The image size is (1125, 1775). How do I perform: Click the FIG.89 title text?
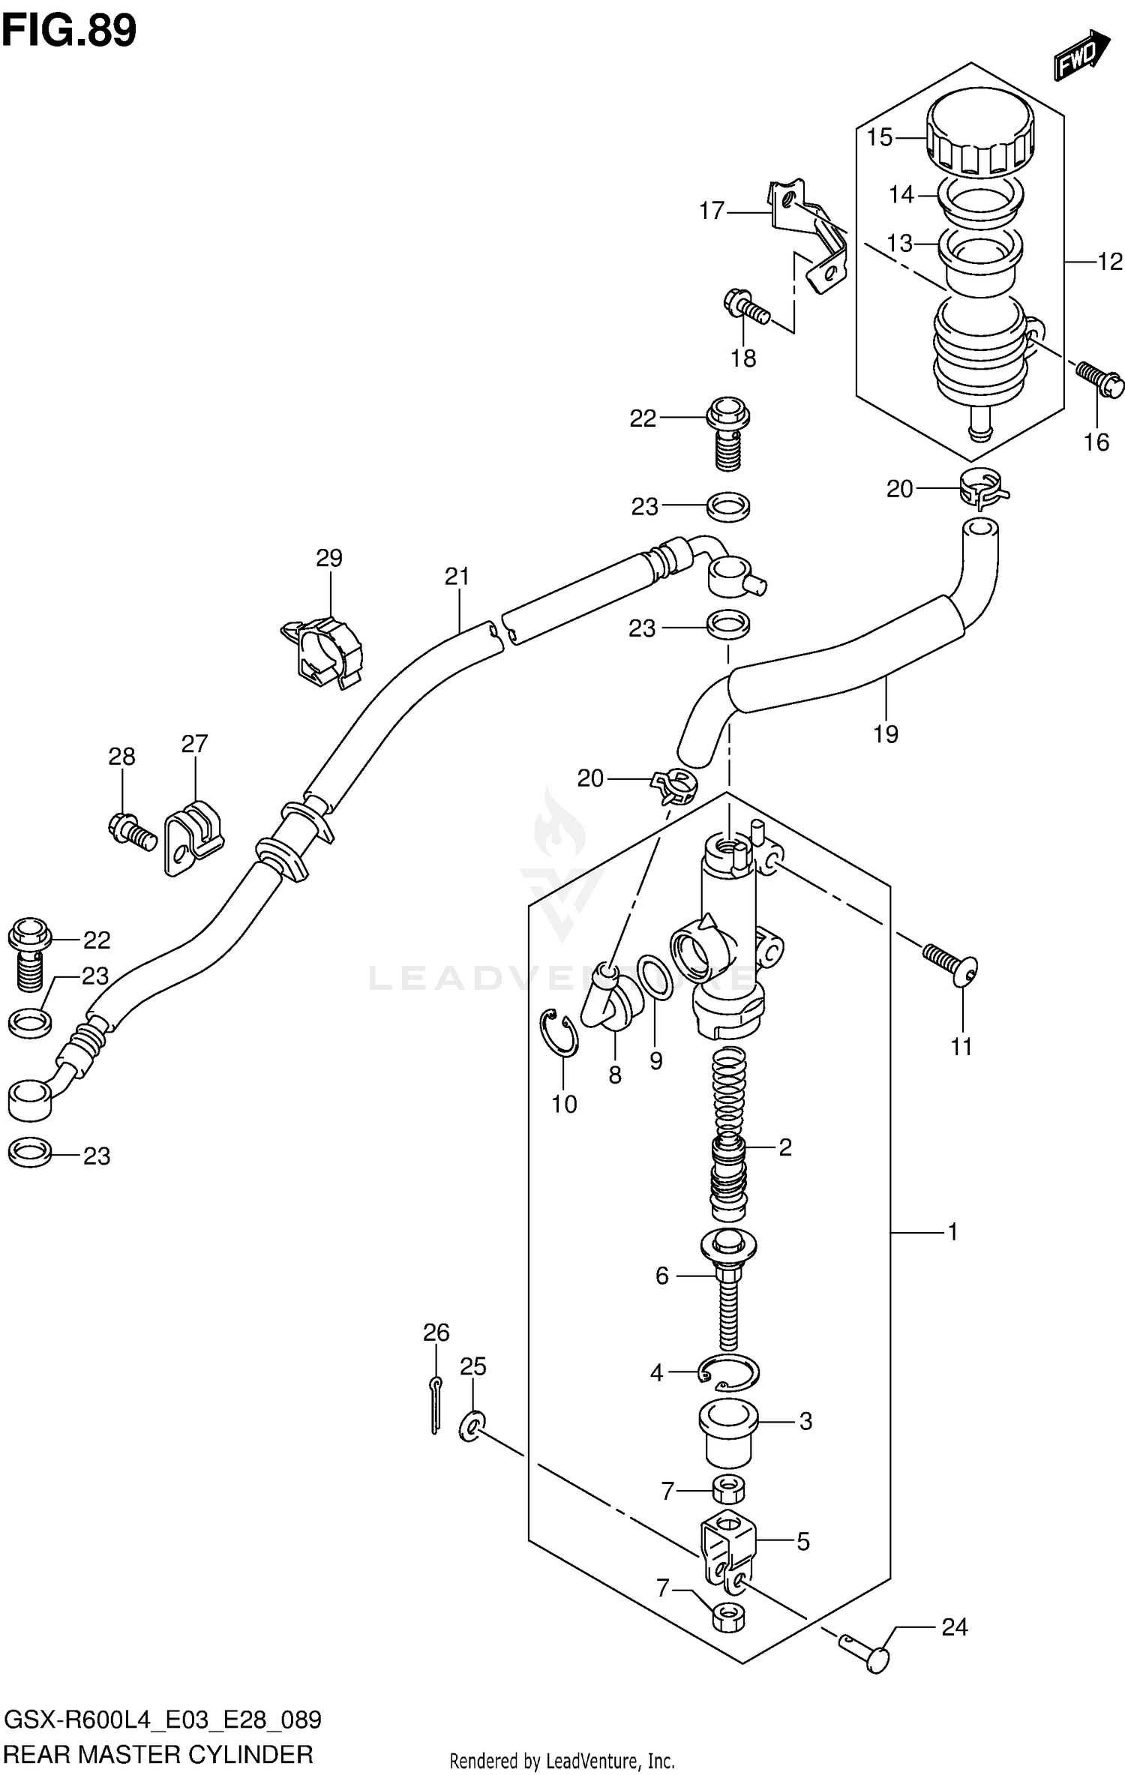point(69,30)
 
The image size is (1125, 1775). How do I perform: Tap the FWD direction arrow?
point(1081,56)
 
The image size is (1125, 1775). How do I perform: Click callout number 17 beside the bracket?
point(712,212)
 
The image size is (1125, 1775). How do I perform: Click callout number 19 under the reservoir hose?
point(886,733)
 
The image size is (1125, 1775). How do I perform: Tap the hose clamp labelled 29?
point(322,650)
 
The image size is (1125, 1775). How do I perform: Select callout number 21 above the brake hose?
point(457,576)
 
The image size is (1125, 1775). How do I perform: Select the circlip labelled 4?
point(727,1372)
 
